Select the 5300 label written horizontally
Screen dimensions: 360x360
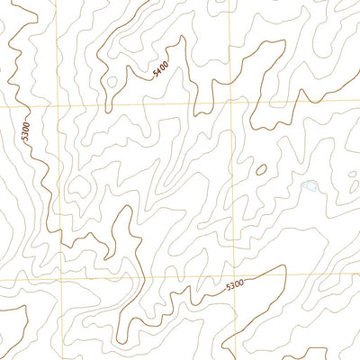[234, 285]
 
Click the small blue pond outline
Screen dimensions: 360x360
[310, 186]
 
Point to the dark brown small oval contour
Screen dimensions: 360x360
[261, 168]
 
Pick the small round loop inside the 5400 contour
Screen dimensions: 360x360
[112, 81]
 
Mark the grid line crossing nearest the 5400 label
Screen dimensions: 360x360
[229, 103]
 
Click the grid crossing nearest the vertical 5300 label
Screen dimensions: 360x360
[57, 106]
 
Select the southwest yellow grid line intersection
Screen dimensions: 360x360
[58, 280]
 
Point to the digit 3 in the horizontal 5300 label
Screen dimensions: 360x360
[231, 286]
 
